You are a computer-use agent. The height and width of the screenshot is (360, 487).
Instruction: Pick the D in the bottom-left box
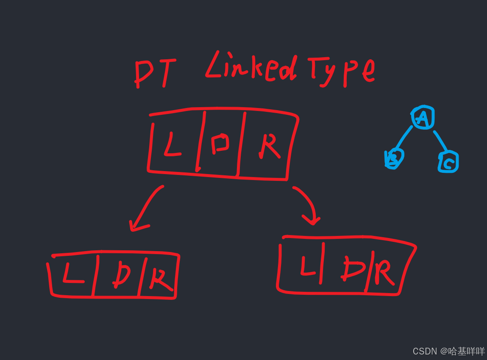[121, 276]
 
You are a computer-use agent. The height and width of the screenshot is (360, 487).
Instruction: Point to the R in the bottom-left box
[160, 279]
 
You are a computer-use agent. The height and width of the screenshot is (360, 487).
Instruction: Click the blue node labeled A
[422, 117]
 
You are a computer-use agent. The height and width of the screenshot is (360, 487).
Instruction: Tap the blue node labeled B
[394, 159]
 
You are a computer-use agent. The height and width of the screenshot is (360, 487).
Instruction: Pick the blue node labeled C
[448, 162]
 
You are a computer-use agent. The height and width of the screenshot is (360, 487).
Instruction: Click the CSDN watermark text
[449, 351]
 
